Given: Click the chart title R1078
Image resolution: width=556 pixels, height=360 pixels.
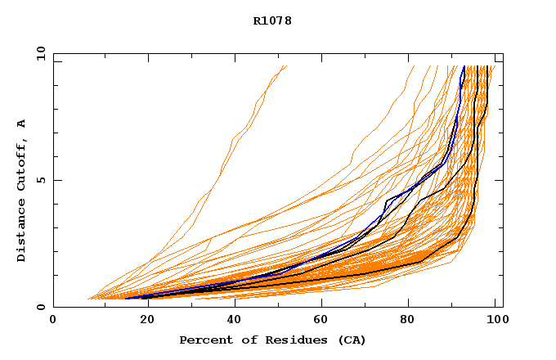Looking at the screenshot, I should click(272, 21).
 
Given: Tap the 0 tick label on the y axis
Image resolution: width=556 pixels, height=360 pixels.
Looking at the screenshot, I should click(41, 308).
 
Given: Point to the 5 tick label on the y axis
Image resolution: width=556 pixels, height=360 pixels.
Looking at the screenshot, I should click(41, 180).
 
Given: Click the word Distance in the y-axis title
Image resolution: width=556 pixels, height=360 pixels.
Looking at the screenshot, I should click(22, 232).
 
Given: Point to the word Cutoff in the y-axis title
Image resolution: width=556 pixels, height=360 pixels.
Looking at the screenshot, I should click(22, 161).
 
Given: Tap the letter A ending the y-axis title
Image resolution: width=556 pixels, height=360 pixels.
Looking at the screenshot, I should click(22, 123).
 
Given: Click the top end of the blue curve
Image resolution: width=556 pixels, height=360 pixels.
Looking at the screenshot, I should click(464, 66).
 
